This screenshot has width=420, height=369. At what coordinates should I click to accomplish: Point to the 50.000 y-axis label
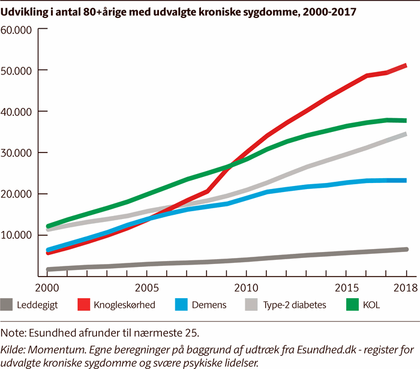click(19, 71)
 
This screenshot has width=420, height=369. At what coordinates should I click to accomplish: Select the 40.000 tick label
click(19, 112)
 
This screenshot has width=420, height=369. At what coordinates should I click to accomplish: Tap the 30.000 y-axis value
click(19, 153)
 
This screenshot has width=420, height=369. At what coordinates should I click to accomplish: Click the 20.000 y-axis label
click(19, 194)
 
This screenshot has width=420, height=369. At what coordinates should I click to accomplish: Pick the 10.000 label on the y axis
click(19, 235)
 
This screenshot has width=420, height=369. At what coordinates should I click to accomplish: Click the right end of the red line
click(406, 65)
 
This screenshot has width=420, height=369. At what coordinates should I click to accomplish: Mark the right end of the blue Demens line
click(406, 180)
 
